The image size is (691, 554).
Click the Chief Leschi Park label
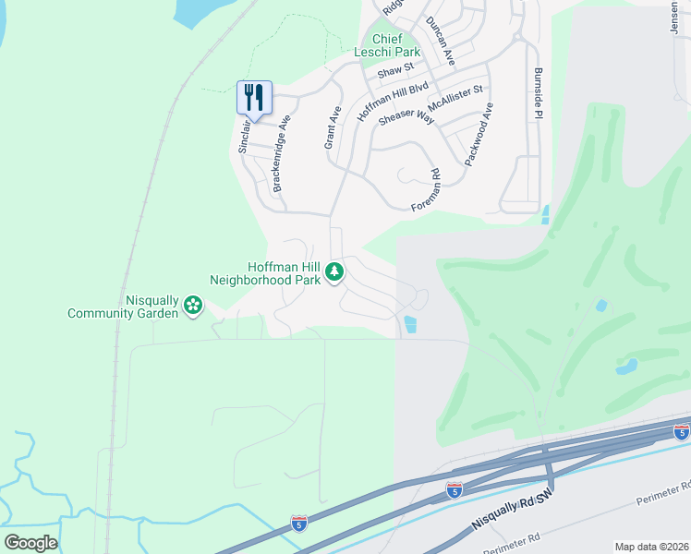point(388,46)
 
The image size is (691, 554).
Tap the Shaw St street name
point(395,69)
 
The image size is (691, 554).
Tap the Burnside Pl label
point(538,92)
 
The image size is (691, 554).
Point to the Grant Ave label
point(333,127)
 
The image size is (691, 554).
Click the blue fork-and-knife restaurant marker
point(254,97)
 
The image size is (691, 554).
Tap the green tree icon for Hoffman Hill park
point(334,272)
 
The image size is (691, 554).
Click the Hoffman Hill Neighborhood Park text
point(264,272)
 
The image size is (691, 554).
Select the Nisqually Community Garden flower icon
point(192,306)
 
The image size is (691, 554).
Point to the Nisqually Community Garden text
point(123,307)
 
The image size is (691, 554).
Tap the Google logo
point(30,542)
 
